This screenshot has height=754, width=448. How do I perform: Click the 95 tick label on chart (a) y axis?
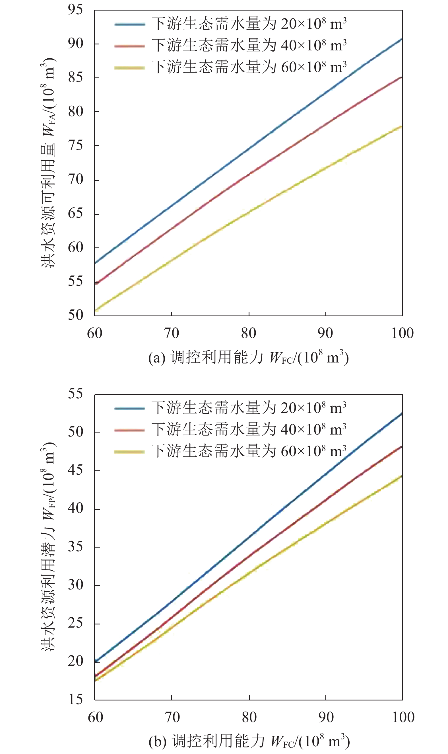pos(75,10)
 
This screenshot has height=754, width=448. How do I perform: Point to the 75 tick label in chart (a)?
pos(75,146)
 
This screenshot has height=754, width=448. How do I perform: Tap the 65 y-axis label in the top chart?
pos(75,214)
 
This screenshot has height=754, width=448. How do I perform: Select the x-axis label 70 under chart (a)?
pos(172,333)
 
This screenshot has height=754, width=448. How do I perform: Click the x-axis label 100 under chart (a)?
pos(402,333)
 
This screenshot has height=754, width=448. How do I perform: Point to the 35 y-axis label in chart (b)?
pos(75,546)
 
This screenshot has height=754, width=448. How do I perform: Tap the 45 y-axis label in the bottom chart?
pos(75,470)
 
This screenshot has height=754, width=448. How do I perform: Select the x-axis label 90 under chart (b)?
pos(326,717)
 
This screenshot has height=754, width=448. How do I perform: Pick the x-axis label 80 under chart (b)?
pos(249,717)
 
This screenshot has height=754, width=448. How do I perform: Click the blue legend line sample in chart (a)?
pos(130,24)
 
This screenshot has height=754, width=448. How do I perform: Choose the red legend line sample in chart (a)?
pos(130,46)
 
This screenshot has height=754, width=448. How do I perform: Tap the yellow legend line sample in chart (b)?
pos(129,452)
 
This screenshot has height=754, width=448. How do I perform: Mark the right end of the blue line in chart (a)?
pos(402,39)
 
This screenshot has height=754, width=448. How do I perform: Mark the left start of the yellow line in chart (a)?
pos(95,310)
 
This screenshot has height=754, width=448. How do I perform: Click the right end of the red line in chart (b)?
pos(402,446)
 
